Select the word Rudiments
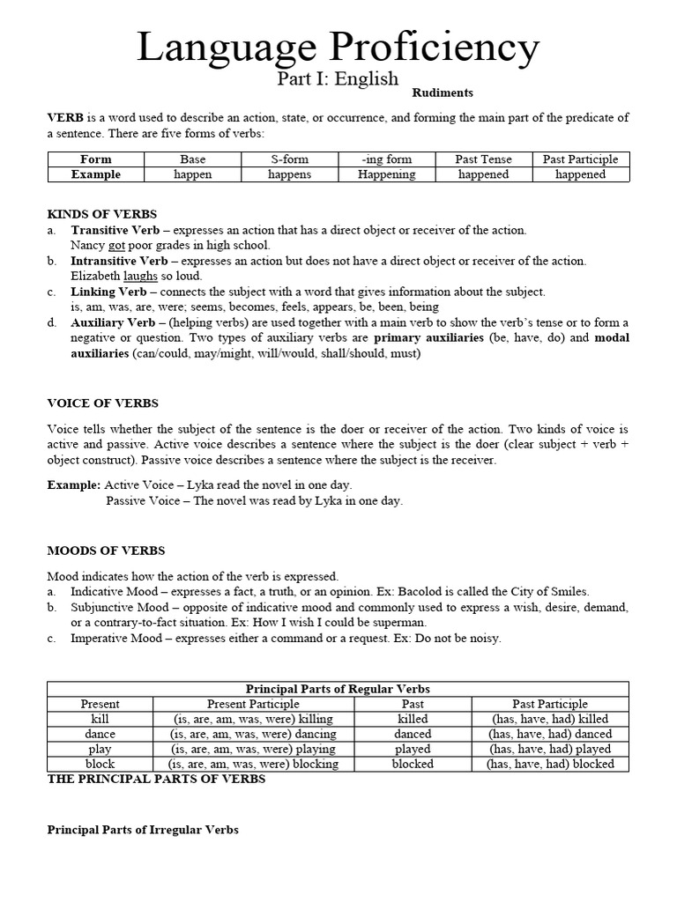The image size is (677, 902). pos(443,92)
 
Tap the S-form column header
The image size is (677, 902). pos(289,159)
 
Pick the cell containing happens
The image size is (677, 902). pos(289,174)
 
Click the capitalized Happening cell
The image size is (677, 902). pos(386,174)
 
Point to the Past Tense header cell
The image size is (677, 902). pos(483,159)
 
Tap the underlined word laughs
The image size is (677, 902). pos(140,276)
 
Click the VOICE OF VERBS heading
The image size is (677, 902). pos(102,403)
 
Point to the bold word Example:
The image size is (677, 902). pos(74,485)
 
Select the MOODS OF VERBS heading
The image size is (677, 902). pos(106,551)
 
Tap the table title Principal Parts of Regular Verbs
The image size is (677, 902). pos(338,689)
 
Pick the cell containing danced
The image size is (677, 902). pos(413,734)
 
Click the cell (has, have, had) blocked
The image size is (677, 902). pos(550,764)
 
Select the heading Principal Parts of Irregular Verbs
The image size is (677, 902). pos(143,830)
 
